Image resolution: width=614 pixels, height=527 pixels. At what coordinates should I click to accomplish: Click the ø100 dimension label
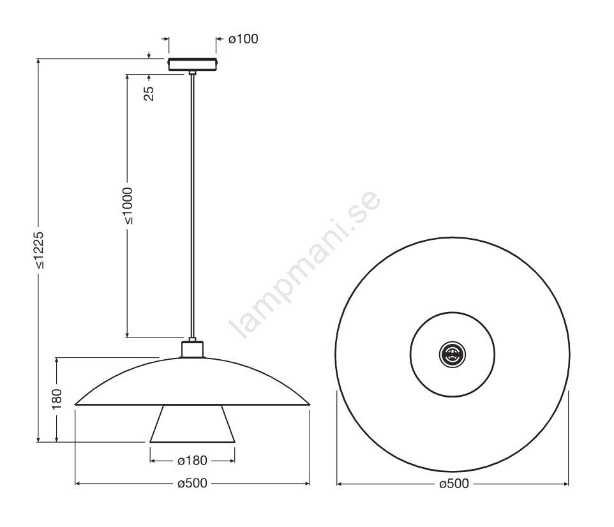[243, 39]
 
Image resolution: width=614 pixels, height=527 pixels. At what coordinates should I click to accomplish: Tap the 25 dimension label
[149, 93]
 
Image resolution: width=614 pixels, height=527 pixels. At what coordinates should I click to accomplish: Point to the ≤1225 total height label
[38, 250]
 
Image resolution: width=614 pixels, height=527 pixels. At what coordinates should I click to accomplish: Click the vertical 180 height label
[57, 399]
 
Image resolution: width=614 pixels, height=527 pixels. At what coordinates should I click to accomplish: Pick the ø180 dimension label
[192, 461]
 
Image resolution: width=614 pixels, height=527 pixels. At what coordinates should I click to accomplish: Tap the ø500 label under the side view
[192, 484]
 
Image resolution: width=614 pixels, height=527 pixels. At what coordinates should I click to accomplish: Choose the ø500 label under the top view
[454, 484]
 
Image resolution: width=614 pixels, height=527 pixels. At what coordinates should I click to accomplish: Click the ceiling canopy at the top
[192, 64]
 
